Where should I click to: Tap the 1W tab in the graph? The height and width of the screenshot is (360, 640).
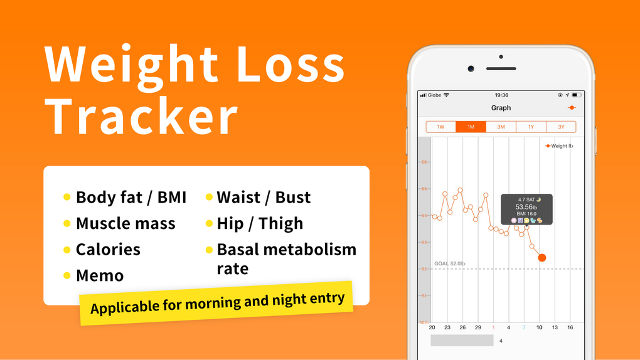[x=440, y=127]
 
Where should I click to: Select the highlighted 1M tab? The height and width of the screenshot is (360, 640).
[x=471, y=127]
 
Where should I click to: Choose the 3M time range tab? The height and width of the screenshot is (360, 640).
[x=501, y=127]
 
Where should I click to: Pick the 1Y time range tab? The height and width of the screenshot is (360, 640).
[x=531, y=127]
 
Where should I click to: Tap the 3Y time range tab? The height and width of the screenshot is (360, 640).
[x=561, y=127]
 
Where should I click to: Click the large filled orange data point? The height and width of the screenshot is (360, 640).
[x=542, y=258]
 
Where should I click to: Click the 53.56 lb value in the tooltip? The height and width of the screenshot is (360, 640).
[x=526, y=207]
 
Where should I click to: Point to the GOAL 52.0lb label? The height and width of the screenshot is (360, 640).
[x=450, y=263]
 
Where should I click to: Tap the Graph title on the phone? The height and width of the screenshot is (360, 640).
[x=501, y=108]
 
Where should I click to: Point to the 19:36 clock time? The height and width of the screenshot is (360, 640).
[x=501, y=95]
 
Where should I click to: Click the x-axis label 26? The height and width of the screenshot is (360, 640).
[x=462, y=327]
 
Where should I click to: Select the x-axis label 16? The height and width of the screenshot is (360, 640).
[x=570, y=327]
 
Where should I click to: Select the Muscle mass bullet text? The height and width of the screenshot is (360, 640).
[x=125, y=223]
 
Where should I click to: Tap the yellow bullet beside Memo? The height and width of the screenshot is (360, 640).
[x=67, y=275]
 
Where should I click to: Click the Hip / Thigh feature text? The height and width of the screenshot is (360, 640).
[x=260, y=223]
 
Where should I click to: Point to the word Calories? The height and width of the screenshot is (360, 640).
[x=108, y=249]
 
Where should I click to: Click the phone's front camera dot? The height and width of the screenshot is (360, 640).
[x=471, y=68]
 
